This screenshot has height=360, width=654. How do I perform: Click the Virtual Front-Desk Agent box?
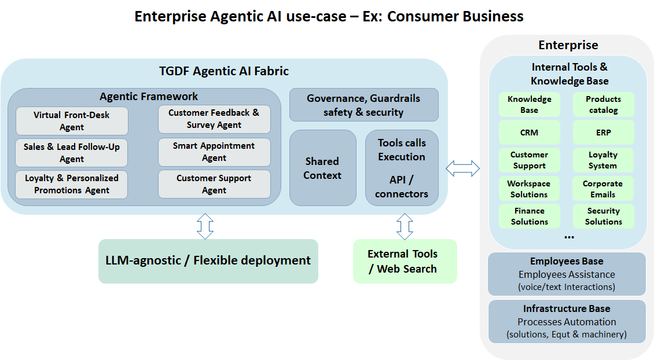click(72, 121)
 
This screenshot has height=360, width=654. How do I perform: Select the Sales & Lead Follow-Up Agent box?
click(72, 153)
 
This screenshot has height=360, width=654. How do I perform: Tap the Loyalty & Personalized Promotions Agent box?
click(72, 184)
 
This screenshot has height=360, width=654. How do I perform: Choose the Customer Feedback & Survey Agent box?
click(214, 119)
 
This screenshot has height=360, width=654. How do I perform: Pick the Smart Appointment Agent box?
click(214, 152)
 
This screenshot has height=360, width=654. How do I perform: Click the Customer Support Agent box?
click(214, 184)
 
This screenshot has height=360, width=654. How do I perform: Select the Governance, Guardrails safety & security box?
click(363, 105)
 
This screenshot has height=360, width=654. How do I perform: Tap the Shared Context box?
click(322, 168)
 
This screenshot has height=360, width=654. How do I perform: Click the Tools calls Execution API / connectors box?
click(402, 168)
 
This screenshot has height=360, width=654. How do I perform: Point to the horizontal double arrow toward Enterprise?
click(462, 168)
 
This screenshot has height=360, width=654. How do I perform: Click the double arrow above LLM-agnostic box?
click(205, 226)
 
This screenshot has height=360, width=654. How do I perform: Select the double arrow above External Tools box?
click(405, 226)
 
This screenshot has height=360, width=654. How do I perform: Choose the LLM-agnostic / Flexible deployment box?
click(208, 260)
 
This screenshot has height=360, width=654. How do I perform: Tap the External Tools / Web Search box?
click(405, 261)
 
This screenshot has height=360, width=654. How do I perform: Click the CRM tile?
click(529, 133)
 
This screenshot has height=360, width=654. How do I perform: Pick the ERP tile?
click(603, 133)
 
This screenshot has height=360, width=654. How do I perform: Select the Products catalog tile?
click(603, 105)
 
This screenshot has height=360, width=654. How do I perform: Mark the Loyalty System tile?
click(603, 160)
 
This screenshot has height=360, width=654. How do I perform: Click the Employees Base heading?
click(567, 262)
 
